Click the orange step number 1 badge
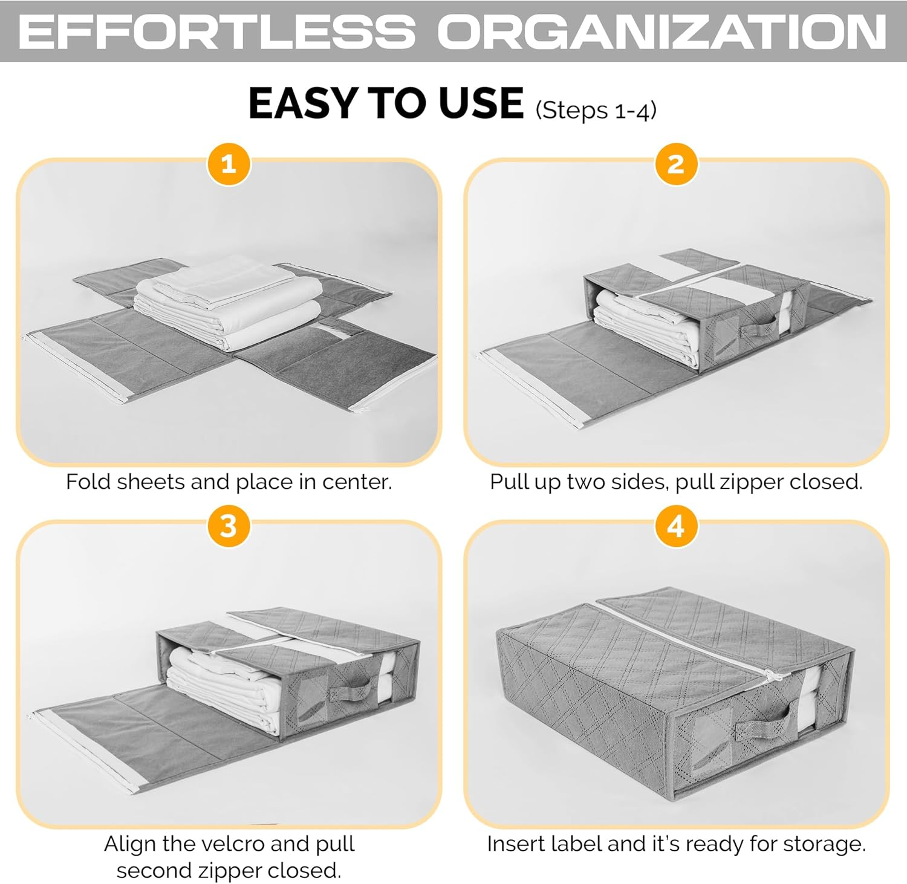point(229,164)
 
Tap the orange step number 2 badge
point(676,164)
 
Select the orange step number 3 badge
point(229,526)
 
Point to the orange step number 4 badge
point(676,526)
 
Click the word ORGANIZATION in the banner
point(662,31)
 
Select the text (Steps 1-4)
point(596,111)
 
